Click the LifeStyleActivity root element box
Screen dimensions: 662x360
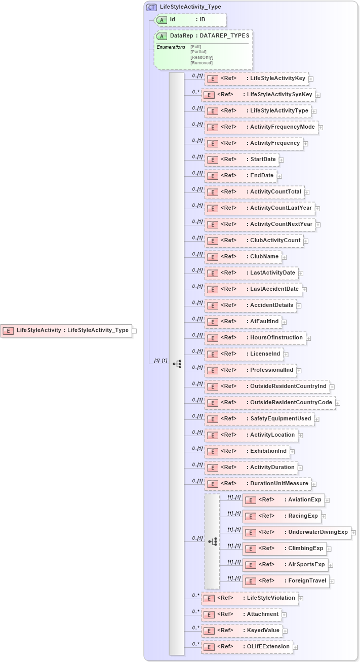pos(66,331)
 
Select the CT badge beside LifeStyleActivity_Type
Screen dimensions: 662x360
pos(151,7)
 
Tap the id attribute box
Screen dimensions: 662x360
pos(190,20)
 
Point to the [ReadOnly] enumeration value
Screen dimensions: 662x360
pos(202,57)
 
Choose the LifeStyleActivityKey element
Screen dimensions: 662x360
pos(256,79)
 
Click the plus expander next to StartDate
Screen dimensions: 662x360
pos(282,160)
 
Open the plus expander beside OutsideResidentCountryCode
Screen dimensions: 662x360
pos(338,403)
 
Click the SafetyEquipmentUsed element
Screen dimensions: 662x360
pos(259,419)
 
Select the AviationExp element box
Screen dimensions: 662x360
pos(283,500)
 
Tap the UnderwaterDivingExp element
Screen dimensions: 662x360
pos(296,532)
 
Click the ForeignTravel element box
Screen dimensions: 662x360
pos(286,581)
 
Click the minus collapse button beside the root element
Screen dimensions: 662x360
pos(135,331)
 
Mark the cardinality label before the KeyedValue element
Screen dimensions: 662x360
pos(195,628)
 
